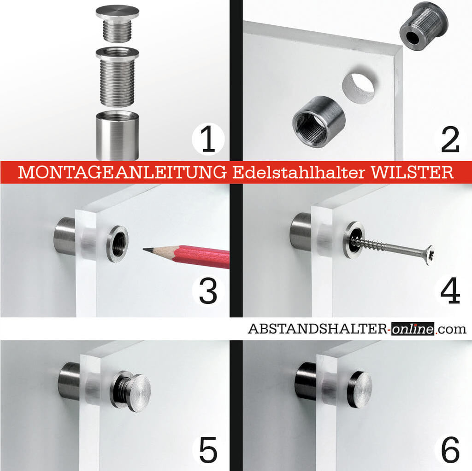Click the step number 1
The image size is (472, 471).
pyautogui.click(x=208, y=140)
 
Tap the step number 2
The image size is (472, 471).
pyautogui.click(x=450, y=140)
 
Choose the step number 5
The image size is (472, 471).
pyautogui.click(x=208, y=450)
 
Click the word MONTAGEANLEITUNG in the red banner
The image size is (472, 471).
pyautogui.click(x=122, y=172)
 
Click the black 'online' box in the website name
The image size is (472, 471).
pyautogui.click(x=413, y=329)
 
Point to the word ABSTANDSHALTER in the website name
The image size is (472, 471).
pyautogui.click(x=318, y=329)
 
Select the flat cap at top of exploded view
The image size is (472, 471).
pyautogui.click(x=118, y=12)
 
